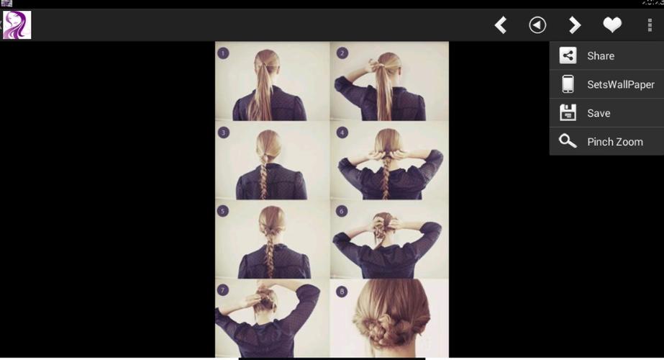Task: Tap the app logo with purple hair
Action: [17, 25]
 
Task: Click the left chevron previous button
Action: [501, 25]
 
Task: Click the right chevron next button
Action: [574, 25]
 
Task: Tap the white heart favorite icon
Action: [611, 25]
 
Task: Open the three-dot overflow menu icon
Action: [650, 25]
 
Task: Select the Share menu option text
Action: [600, 56]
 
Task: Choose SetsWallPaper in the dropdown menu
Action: [620, 84]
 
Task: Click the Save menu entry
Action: [598, 113]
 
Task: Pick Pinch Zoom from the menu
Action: [614, 142]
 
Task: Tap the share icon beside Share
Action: [568, 55]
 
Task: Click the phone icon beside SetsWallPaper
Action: [568, 84]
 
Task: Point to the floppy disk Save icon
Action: [568, 113]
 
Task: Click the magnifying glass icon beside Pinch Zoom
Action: [568, 141]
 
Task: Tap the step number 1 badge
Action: [223, 53]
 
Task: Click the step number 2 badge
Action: [342, 53]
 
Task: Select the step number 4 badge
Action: [342, 132]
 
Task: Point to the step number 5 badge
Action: [224, 212]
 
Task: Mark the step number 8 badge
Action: [342, 292]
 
